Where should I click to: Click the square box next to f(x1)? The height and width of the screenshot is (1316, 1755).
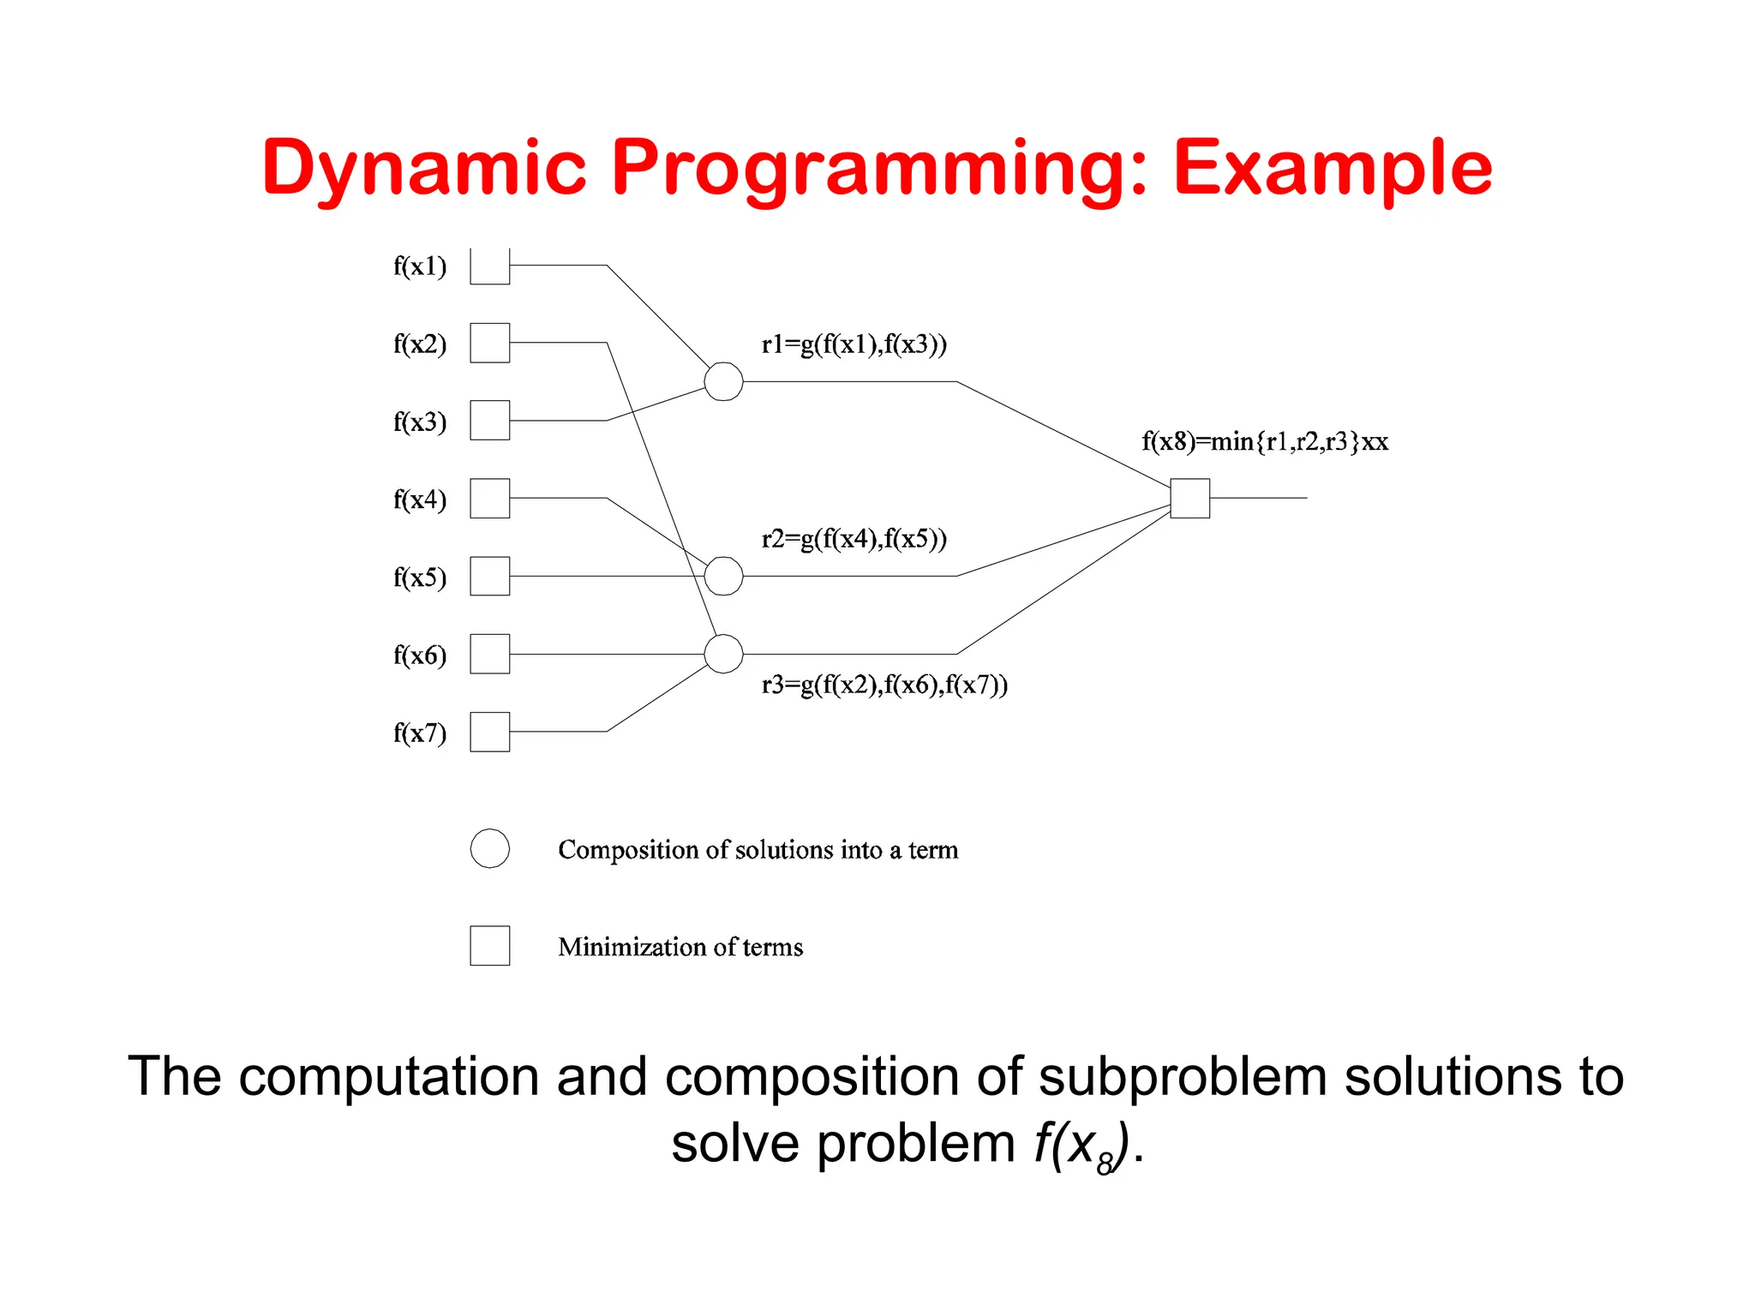489,266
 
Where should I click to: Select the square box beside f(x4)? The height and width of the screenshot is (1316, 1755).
489,499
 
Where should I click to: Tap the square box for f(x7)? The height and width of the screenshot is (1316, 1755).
489,732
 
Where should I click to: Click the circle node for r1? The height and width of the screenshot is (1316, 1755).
723,381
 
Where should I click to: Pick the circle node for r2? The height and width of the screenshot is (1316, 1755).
723,576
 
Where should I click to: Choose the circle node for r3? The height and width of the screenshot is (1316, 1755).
723,654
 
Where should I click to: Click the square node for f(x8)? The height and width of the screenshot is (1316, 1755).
1189,499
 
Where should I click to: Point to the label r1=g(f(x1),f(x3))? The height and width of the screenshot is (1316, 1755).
854,344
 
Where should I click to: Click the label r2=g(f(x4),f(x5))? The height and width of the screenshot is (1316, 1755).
854,539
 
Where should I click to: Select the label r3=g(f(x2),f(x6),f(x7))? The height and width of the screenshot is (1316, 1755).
884,685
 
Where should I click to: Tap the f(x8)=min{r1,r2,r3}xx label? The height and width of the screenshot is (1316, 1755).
1265,442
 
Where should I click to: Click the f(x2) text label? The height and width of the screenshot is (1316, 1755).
420,344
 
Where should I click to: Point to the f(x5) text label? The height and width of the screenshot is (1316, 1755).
420,577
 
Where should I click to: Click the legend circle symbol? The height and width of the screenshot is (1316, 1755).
489,848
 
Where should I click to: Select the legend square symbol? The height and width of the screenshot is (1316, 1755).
489,946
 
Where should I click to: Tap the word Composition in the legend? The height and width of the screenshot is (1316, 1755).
627,850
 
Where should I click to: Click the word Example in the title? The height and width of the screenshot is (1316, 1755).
1333,169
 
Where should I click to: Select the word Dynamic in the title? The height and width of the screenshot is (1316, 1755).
425,169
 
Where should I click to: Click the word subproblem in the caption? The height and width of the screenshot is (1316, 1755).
1183,1076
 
